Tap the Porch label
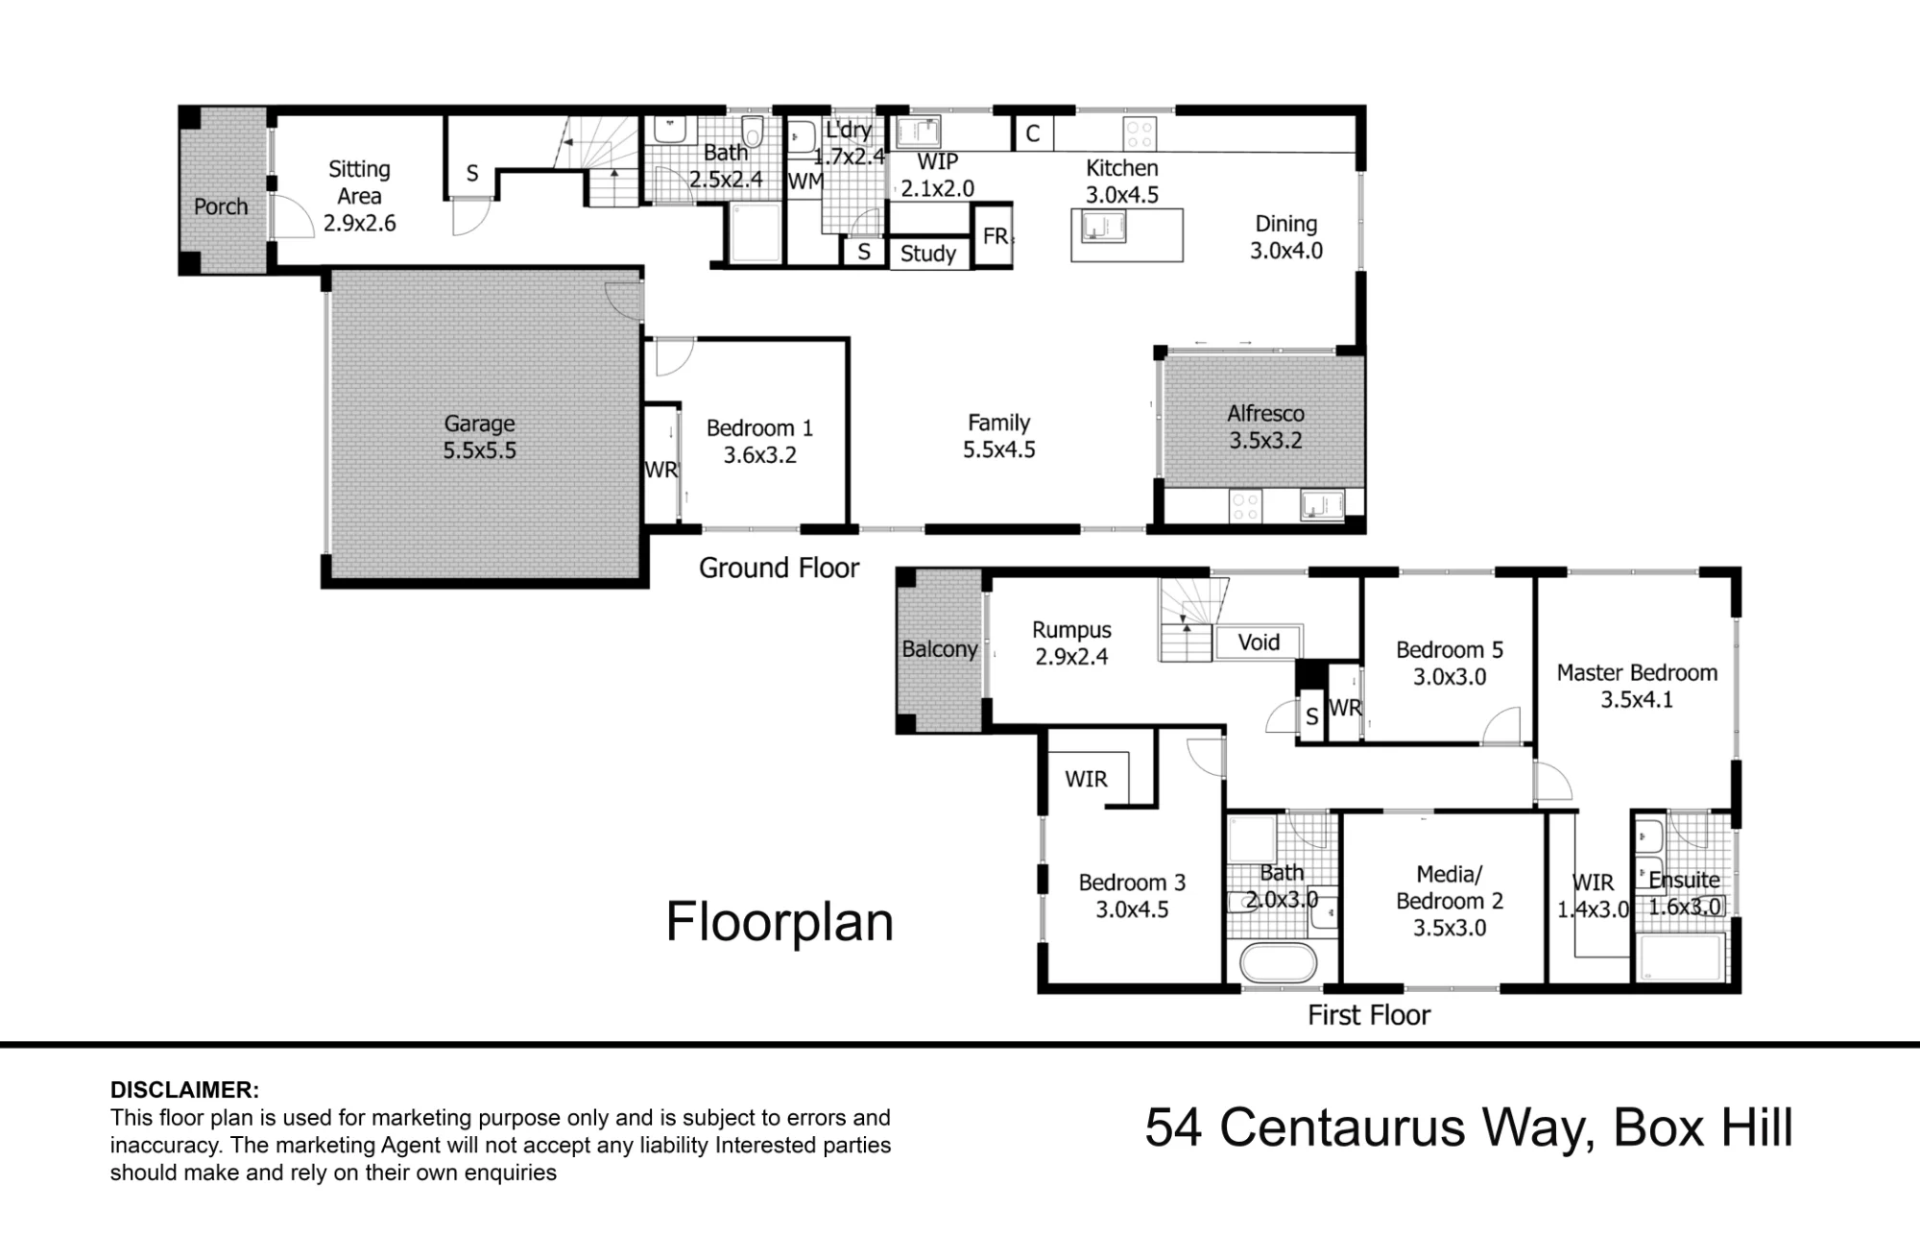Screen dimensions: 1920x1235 tap(221, 206)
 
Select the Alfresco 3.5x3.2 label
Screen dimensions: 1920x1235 tap(1265, 427)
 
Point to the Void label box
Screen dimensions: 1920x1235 tap(1259, 642)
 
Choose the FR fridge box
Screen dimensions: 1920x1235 tap(994, 235)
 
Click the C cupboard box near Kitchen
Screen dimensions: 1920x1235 tap(1033, 133)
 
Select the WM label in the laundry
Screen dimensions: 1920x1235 tap(804, 181)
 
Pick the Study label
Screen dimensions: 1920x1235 tap(928, 254)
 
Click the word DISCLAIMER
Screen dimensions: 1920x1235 tap(184, 1090)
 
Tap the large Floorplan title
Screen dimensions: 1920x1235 tap(780, 922)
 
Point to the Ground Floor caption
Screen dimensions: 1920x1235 tap(779, 568)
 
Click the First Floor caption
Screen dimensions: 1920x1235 tap(1369, 1015)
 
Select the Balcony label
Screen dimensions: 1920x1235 tap(939, 649)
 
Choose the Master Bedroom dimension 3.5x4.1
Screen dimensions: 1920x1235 tap(1637, 700)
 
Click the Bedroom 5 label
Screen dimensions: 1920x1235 tap(1450, 650)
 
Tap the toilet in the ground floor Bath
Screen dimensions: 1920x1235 tap(754, 133)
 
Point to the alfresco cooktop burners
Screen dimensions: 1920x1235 tap(1245, 507)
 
